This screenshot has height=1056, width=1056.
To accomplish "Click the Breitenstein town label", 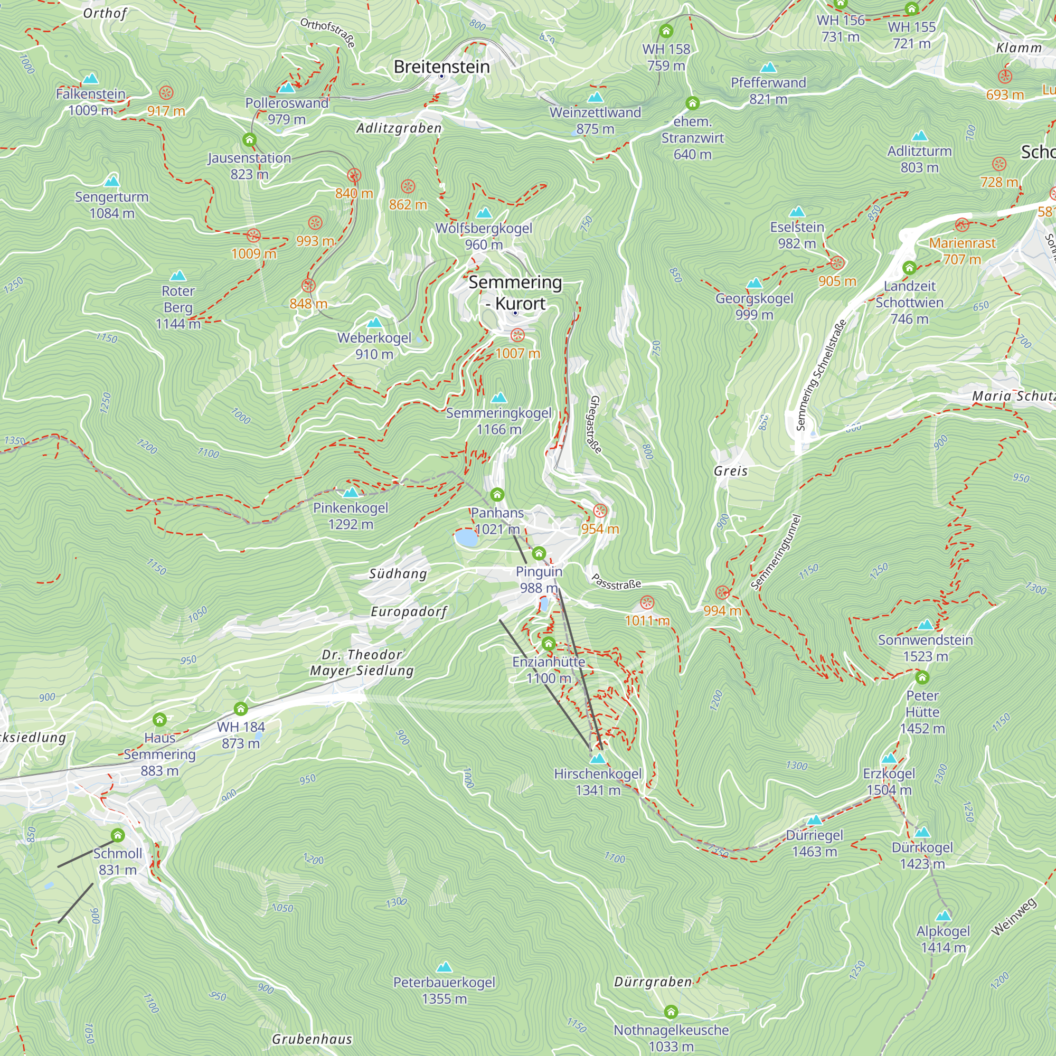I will [x=441, y=67].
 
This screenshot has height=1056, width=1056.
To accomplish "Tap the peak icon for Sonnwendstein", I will [x=925, y=625].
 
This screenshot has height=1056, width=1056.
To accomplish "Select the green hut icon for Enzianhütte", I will [x=548, y=644].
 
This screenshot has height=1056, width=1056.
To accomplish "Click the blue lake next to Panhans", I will [x=466, y=538].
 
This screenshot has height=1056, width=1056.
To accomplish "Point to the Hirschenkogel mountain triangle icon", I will [x=598, y=759].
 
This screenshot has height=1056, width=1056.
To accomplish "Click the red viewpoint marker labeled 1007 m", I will [x=517, y=335].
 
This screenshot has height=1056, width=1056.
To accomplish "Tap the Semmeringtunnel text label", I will [x=776, y=552].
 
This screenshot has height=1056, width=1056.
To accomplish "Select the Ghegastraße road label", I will [x=595, y=425].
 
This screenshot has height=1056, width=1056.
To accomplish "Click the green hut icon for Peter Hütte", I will [x=922, y=678].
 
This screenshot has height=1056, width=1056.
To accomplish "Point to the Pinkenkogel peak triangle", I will [x=351, y=493].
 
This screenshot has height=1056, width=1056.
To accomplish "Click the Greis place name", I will [x=730, y=470].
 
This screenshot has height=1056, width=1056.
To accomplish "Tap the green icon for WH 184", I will [x=240, y=709].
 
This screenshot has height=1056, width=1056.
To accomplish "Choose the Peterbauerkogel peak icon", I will [x=445, y=967].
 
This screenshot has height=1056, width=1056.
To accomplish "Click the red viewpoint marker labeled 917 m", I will [x=166, y=92].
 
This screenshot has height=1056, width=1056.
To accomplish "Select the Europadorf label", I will [x=409, y=611].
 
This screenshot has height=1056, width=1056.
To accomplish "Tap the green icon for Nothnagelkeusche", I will [x=671, y=1012].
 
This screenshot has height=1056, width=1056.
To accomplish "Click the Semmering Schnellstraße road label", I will [x=821, y=375].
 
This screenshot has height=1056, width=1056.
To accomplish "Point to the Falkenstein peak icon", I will [x=91, y=78].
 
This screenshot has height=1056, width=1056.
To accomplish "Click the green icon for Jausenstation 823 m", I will [x=249, y=140].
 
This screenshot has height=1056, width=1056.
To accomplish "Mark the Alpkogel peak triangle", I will [x=943, y=916].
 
